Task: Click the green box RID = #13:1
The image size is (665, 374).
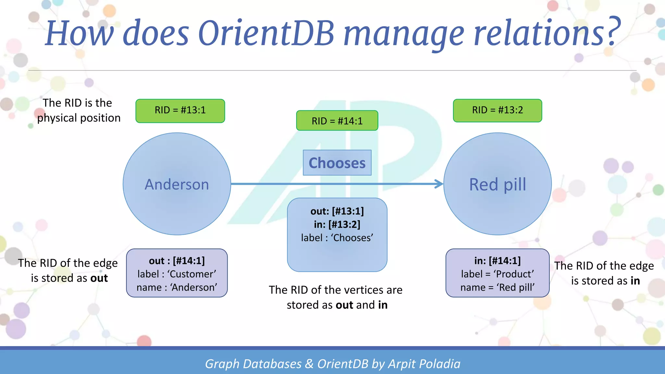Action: [180, 111]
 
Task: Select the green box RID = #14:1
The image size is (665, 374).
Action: [337, 121]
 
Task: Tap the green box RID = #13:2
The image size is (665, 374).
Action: [497, 110]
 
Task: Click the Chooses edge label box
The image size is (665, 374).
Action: [337, 163]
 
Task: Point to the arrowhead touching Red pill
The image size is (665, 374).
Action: [439, 184]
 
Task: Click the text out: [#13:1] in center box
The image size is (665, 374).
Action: [337, 211]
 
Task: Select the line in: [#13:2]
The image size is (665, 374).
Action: [337, 224]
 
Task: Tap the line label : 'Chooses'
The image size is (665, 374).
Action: [337, 238]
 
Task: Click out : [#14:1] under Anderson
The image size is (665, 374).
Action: [177, 261]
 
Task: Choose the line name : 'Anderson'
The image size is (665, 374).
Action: [177, 287]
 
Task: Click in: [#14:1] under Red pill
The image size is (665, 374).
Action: [497, 261]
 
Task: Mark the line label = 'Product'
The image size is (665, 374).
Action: [497, 274]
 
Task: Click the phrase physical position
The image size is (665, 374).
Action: [79, 118]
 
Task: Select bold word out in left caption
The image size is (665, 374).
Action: [99, 278]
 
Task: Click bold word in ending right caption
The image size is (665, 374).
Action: [635, 281]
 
